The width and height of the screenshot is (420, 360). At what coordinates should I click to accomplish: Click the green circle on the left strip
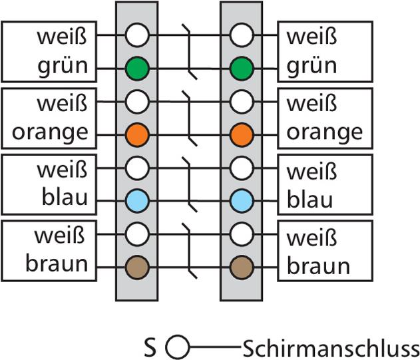tap(136, 68)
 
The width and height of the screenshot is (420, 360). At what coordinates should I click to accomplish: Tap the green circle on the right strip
tap(241, 68)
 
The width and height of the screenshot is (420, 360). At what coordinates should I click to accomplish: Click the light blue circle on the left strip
tap(136, 200)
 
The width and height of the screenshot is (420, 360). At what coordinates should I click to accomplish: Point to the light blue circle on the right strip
tap(241, 200)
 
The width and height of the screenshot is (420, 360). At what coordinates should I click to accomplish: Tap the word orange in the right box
tap(324, 132)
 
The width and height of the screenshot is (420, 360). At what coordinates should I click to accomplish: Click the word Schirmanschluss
tap(331, 347)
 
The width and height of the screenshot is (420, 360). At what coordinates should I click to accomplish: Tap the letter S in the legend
tap(150, 347)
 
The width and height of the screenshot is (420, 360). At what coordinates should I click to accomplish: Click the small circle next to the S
tap(177, 347)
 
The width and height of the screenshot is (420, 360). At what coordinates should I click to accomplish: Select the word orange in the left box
tap(50, 132)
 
